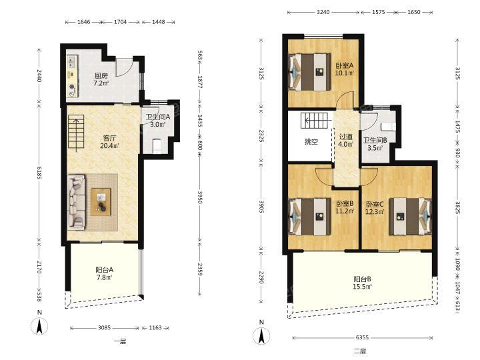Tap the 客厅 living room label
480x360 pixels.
point(109,138)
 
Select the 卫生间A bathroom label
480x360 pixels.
point(157,117)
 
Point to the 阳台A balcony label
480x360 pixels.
point(105,270)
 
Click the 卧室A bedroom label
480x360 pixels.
point(345,65)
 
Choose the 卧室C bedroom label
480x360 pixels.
point(375,204)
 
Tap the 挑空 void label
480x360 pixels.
point(311,141)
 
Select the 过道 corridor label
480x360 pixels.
point(346,137)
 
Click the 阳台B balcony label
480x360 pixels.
point(363,279)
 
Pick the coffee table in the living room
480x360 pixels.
point(101,202)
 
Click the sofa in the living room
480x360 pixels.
point(77,203)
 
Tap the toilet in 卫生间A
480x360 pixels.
point(157,146)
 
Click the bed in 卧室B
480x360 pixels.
point(310,217)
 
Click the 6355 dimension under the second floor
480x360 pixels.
point(363,337)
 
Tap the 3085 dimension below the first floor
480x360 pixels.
point(105,328)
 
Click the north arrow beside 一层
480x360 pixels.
point(39,326)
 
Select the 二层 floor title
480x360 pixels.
point(360,351)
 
